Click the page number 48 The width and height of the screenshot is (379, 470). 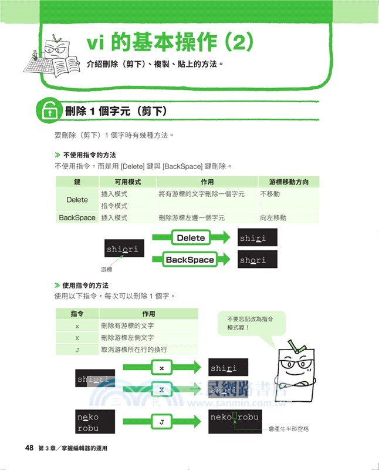(29, 448)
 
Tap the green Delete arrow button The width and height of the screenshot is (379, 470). (191, 238)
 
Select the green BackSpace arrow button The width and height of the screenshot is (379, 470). (190, 260)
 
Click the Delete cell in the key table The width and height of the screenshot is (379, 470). (77, 200)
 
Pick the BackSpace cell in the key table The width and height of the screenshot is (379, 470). (77, 218)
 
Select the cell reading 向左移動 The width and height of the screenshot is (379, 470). (273, 218)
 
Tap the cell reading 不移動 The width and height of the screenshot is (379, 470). (270, 194)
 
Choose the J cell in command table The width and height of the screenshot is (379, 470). (77, 350)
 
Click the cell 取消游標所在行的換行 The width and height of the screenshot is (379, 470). (134, 350)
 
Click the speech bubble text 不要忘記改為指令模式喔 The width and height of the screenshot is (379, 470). (250, 323)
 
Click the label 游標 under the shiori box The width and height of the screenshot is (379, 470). (106, 270)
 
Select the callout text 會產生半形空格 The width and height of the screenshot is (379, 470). (289, 429)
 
